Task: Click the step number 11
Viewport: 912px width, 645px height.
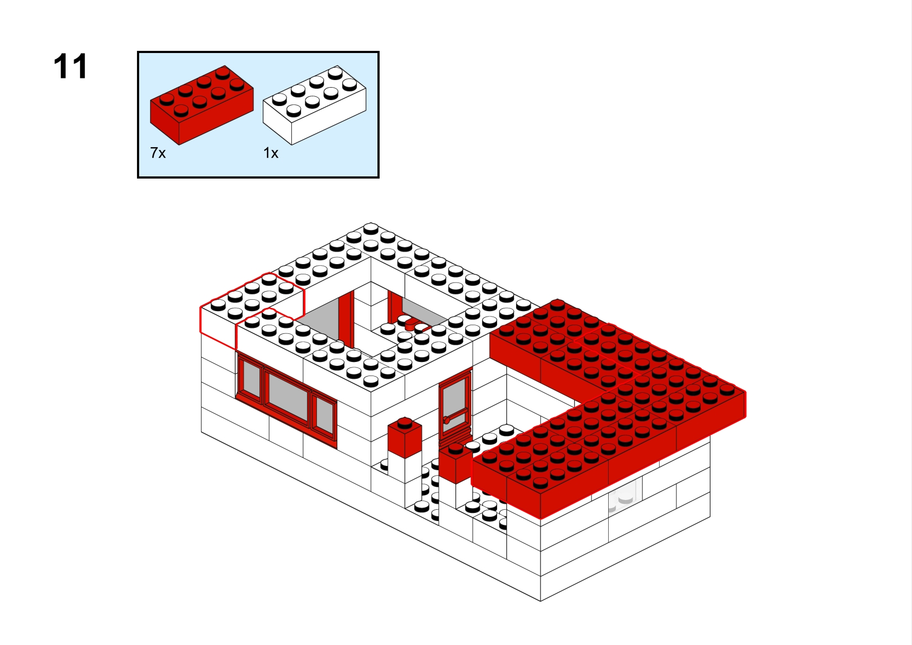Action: pos(70,66)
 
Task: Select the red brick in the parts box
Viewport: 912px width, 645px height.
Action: pos(201,105)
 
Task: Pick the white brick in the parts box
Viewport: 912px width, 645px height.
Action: pos(314,105)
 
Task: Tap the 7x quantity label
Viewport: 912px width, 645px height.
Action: pos(158,153)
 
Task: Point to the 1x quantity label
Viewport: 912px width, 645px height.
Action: pos(271,153)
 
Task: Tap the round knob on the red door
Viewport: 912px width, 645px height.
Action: pos(446,420)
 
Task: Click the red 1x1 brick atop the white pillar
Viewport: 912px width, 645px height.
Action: pos(405,437)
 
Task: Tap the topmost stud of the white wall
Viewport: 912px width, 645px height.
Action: pos(370,227)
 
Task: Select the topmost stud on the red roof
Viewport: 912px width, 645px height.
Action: pos(557,304)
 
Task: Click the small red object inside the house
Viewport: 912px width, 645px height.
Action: pos(415,325)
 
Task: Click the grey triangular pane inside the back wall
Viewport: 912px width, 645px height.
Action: pos(424,311)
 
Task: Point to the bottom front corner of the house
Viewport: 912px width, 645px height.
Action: pos(540,601)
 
